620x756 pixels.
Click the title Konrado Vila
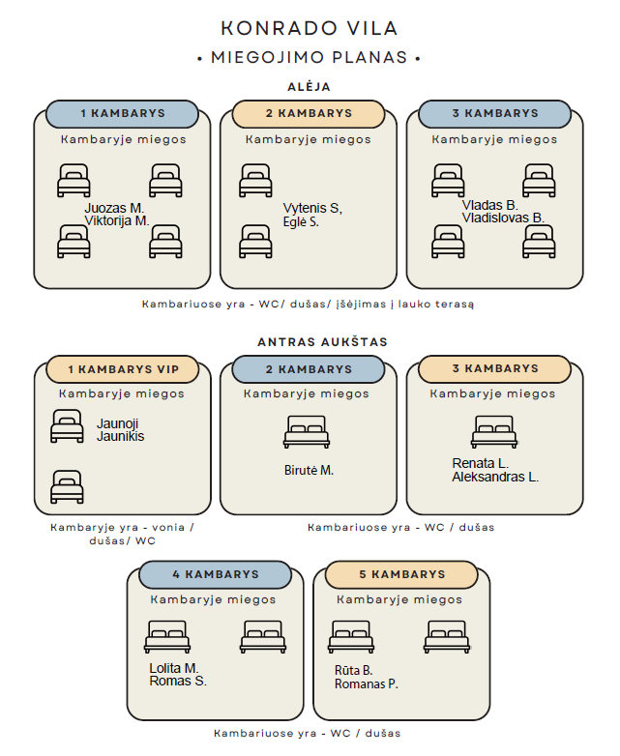(309, 29)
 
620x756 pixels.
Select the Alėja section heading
(309, 87)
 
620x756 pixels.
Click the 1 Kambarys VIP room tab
(122, 369)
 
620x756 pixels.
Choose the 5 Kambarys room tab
(401, 574)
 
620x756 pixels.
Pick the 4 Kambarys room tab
(216, 574)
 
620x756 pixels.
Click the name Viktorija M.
(116, 220)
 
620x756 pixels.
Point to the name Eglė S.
(301, 221)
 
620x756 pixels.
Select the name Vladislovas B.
(503, 218)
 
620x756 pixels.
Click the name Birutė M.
(309, 471)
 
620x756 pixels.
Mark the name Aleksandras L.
(495, 477)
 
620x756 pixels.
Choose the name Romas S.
(178, 681)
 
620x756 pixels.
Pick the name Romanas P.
(366, 683)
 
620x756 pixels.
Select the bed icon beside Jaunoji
(67, 426)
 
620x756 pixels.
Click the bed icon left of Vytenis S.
(255, 181)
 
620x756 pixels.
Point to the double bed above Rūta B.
(351, 636)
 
